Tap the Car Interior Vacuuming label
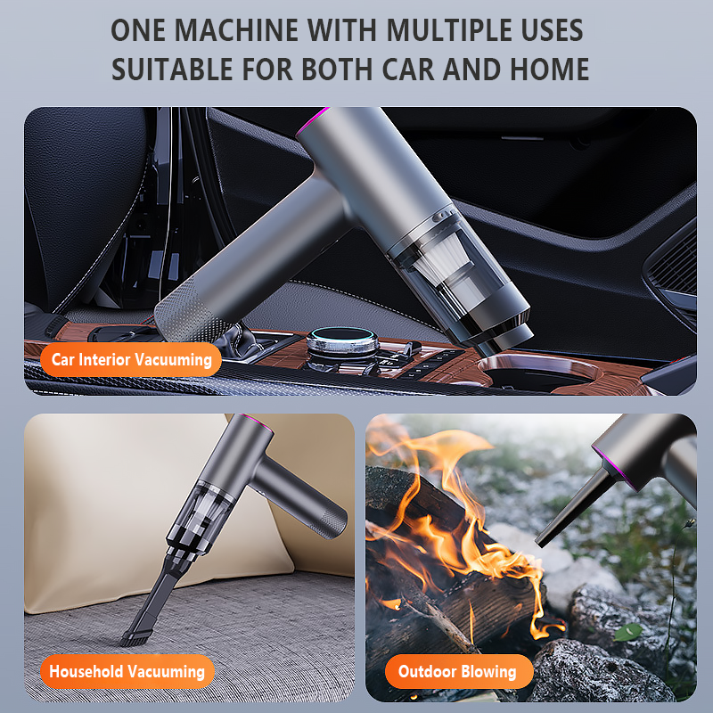132,359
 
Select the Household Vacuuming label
127,671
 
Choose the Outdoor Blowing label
458,671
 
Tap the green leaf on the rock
628,631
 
